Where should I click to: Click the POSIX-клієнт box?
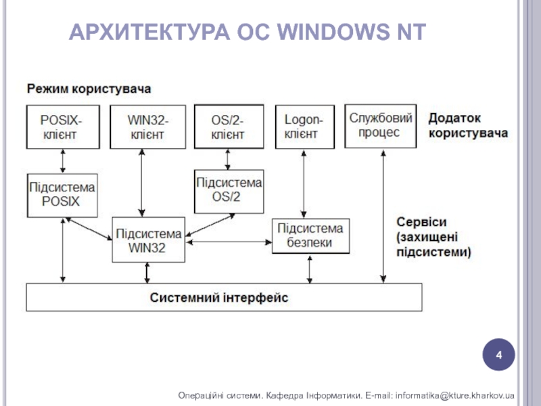(62, 127)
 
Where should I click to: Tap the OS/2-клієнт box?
(228, 127)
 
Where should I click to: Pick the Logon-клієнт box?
(304, 127)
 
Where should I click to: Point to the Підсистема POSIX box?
(61, 195)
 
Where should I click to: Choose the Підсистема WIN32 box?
(148, 240)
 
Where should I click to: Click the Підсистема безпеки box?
(311, 235)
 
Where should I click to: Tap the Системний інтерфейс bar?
(223, 297)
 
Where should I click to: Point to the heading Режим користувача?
(89, 89)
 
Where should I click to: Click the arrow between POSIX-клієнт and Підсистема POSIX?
(62, 161)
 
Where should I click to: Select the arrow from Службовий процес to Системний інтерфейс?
(383, 217)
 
